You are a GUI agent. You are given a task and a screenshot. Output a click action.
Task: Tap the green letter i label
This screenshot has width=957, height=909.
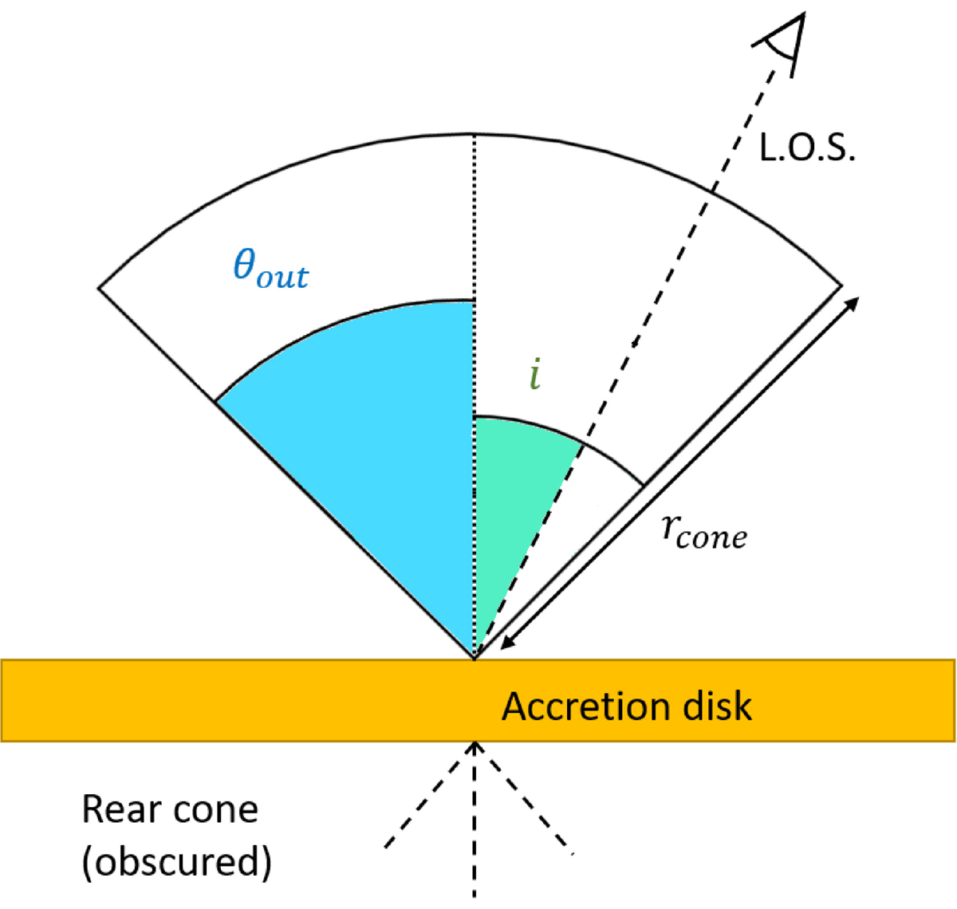[535, 373]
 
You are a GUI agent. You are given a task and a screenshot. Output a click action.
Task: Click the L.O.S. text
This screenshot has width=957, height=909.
[806, 148]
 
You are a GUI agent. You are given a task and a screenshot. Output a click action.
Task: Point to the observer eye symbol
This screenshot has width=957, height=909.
[782, 45]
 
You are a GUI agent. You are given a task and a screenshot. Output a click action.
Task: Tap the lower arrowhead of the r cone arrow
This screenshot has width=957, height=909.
[507, 642]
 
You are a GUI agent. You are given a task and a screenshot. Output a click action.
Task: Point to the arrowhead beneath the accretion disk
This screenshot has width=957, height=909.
[475, 747]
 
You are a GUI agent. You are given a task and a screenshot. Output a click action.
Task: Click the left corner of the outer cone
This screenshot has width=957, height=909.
[100, 288]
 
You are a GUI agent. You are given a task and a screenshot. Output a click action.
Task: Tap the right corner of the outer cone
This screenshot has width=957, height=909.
[841, 285]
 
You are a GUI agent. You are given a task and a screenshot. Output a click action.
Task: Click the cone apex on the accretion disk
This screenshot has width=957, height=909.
[475, 659]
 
